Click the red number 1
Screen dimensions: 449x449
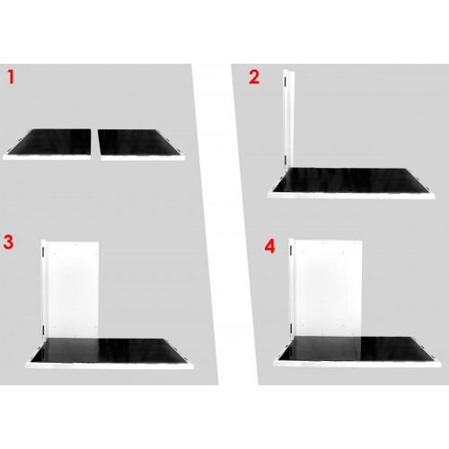pyautogui.click(x=11, y=76)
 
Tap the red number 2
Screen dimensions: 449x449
pyautogui.click(x=254, y=77)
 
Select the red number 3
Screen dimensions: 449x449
pyautogui.click(x=9, y=242)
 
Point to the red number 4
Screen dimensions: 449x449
pyautogui.click(x=269, y=247)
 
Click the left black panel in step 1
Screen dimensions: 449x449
pyautogui.click(x=49, y=142)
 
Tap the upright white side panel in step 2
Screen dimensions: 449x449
pyautogui.click(x=289, y=119)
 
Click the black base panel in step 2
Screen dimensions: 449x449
pyautogui.click(x=351, y=180)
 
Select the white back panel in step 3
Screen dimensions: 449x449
pyautogui.click(x=73, y=290)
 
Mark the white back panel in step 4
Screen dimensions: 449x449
pyautogui.click(x=328, y=288)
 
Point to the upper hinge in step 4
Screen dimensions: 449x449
pyautogui.click(x=291, y=251)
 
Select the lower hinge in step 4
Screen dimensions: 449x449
pyautogui.click(x=291, y=328)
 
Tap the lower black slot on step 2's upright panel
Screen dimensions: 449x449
pyautogui.click(x=286, y=160)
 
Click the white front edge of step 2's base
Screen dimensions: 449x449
pyautogui.click(x=351, y=196)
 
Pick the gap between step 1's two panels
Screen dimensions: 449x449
pyautogui.click(x=94, y=144)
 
